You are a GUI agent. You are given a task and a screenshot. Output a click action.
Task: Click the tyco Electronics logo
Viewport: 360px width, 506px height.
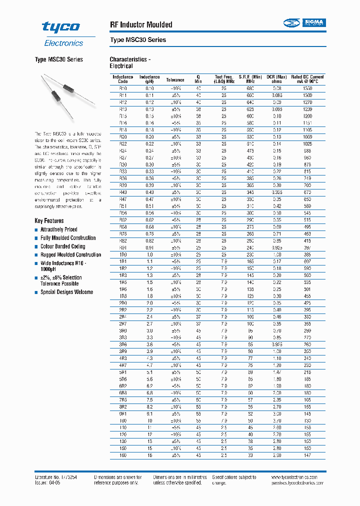point(60,33)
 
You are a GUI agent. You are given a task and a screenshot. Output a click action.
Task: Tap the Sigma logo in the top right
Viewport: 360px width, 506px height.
point(304,22)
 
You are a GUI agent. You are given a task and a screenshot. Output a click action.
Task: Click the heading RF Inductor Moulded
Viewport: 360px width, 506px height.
point(140,24)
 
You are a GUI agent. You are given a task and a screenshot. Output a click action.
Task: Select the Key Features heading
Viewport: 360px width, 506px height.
point(49,220)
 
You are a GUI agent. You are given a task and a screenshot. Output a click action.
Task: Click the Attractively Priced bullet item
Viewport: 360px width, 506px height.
point(58,229)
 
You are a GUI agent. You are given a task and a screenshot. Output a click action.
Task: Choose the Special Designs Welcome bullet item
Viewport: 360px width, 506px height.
point(66,292)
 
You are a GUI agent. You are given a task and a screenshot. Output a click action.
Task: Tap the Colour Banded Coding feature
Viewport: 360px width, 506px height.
point(62,246)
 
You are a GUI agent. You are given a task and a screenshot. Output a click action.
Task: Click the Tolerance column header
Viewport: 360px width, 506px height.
point(175,79)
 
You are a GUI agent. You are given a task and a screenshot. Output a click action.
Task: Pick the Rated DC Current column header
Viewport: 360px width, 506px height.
point(307,79)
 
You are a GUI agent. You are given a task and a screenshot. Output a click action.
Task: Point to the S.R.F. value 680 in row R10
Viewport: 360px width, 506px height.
point(250,88)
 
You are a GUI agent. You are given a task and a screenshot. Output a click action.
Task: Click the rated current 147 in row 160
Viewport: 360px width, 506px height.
point(307,455)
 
